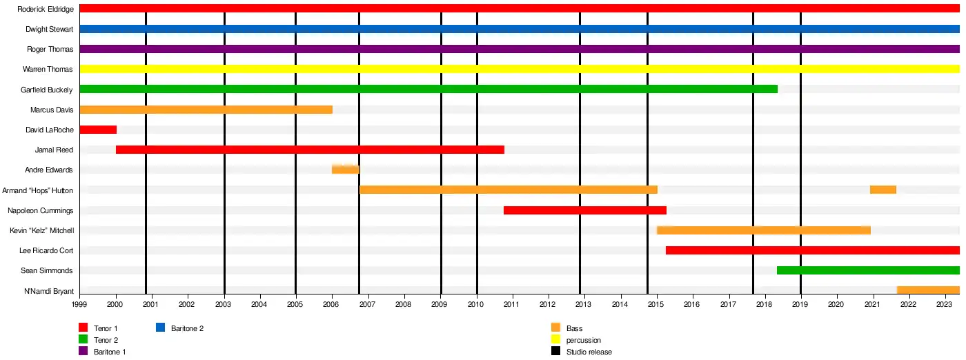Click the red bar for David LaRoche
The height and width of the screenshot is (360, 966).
98,130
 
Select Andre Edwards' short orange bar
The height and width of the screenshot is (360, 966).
345,170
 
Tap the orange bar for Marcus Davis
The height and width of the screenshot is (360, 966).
206,110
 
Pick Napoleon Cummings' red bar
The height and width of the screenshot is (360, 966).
584,210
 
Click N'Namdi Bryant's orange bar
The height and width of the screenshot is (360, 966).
927,290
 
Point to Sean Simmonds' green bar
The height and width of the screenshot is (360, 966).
867,270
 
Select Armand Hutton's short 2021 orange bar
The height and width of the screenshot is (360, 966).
883,190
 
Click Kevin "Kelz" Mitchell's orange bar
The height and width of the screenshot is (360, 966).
763,230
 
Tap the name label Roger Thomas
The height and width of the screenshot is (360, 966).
50,50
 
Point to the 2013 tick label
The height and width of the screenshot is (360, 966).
583,303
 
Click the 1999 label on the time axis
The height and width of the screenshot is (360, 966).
79,303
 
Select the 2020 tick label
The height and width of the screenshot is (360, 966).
836,303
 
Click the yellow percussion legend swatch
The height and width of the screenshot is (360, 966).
555,340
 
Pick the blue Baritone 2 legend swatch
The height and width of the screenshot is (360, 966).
161,328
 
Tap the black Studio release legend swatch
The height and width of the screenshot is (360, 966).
555,352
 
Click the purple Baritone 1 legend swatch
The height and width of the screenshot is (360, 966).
83,352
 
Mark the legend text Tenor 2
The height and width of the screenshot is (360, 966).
106,340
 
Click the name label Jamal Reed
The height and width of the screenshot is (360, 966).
54,150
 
